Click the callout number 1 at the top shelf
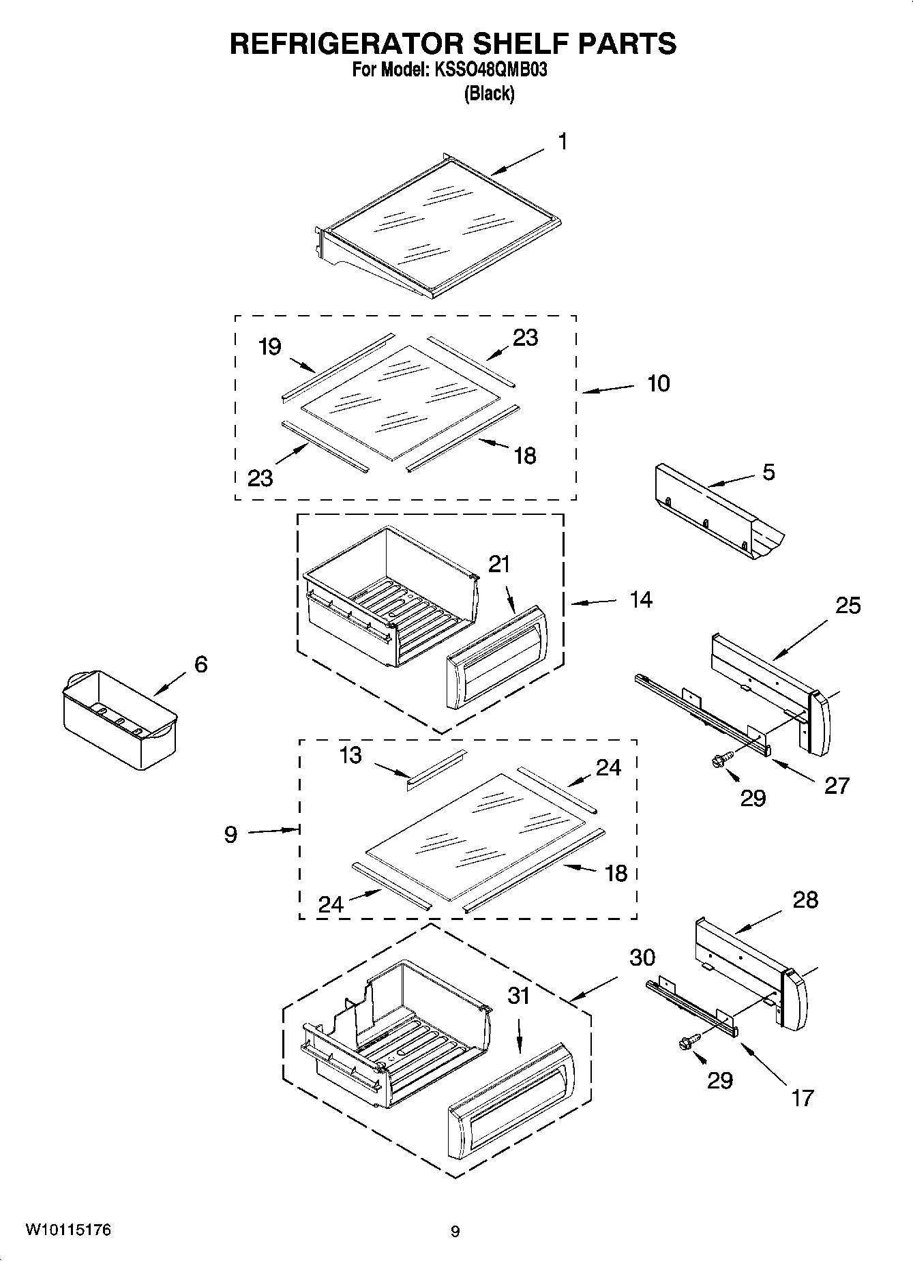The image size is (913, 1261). [563, 141]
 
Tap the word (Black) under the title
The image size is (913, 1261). [489, 93]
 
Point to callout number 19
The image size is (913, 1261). [270, 346]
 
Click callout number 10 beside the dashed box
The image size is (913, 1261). [658, 383]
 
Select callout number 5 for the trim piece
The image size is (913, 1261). [768, 472]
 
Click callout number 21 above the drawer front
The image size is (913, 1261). [499, 564]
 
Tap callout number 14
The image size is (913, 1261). [641, 599]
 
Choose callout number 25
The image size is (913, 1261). [848, 605]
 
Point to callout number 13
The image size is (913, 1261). [350, 756]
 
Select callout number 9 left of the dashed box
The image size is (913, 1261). [231, 833]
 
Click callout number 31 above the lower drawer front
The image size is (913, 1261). [519, 996]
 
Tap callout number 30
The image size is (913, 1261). [642, 958]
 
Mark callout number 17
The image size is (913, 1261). [803, 1097]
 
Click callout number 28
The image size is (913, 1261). [805, 900]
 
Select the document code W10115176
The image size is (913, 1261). [68, 1230]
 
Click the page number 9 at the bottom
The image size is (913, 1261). [455, 1231]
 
